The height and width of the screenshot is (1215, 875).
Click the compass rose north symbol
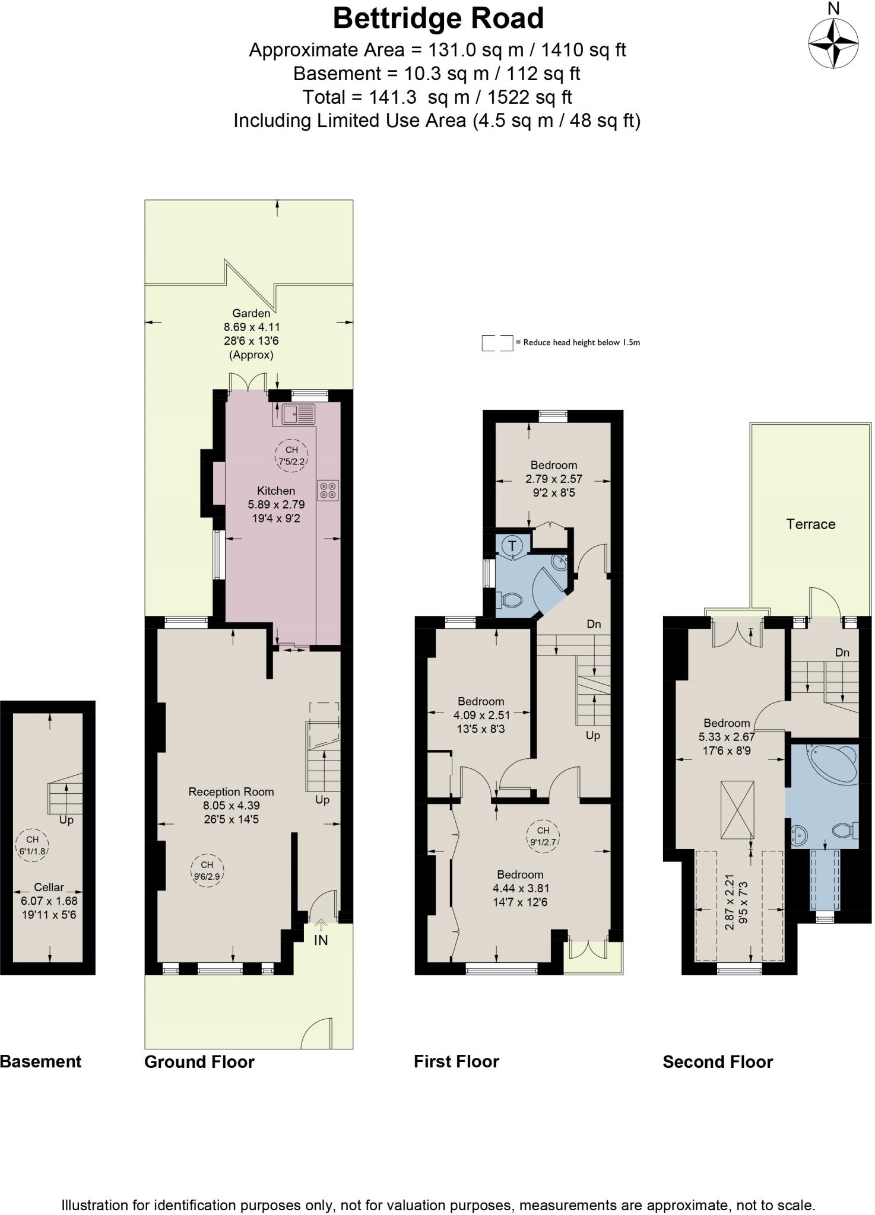tap(833, 43)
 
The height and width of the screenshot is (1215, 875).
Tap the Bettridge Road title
tap(438, 18)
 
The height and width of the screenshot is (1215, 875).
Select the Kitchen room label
tap(275, 491)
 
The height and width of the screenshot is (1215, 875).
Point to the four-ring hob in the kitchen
tap(328, 490)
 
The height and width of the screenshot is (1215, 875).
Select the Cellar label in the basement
tap(49, 887)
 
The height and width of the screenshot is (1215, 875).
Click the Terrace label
tap(810, 524)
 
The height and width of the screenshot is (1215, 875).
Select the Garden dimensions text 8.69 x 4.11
tap(252, 327)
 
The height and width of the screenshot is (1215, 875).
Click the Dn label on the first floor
tap(594, 624)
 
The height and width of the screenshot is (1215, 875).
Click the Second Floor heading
tap(718, 1061)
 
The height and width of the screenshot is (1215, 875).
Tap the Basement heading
tap(40, 1061)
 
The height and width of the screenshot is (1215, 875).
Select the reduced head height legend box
tap(497, 343)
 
